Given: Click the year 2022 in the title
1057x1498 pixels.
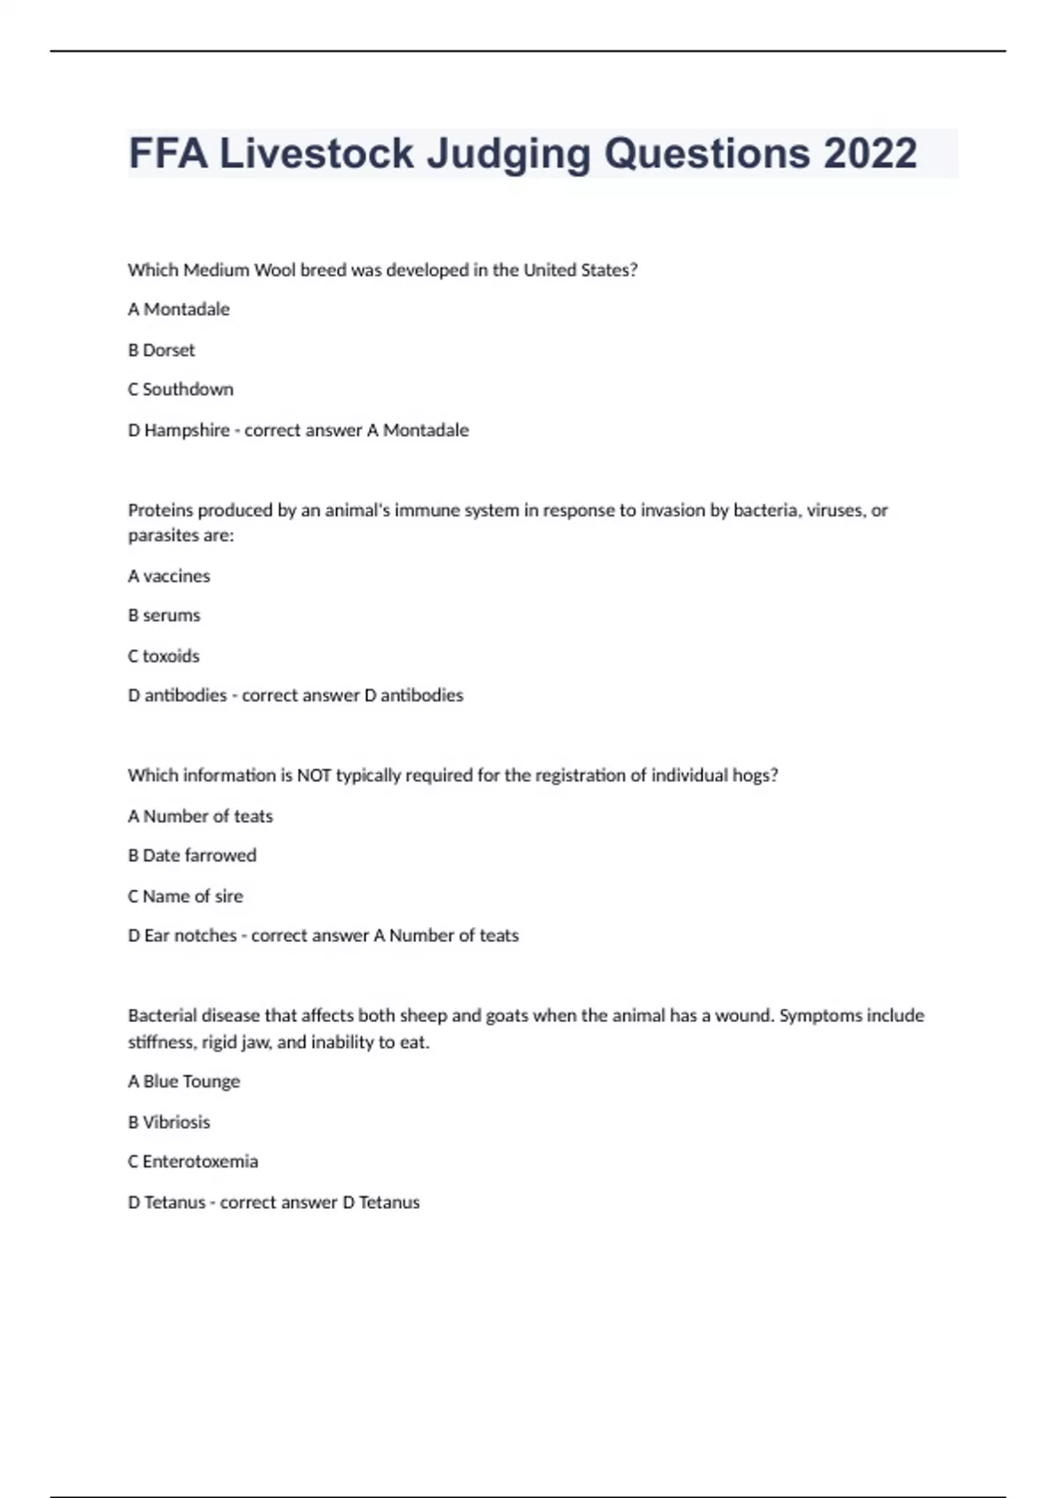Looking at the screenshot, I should coord(870,153).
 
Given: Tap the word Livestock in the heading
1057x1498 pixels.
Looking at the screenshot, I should coord(316,153).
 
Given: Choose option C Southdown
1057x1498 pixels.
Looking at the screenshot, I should coord(181,389).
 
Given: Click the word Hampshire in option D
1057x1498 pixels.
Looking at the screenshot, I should coord(186,430).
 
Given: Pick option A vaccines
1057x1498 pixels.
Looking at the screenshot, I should coord(169,576).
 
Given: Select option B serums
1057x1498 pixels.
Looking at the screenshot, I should coord(164,615).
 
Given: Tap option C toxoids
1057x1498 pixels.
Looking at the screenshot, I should coord(164,656).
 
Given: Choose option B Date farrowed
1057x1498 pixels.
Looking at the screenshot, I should coord(192,856).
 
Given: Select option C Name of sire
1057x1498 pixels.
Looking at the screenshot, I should coord(185,896).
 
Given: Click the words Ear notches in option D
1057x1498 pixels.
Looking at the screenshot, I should coord(190,936).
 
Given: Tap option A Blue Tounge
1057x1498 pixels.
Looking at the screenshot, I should coord(184,1081).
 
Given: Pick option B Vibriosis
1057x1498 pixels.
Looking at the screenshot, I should coord(169,1122).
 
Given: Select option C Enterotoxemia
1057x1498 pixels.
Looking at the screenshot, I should coord(193,1161).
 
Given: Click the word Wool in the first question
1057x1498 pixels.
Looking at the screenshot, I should coord(275,271).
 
